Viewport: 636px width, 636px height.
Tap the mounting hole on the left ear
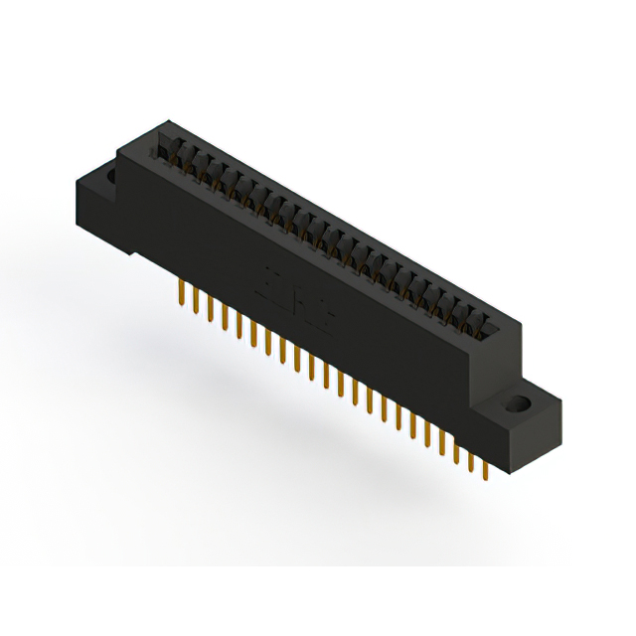[x=111, y=176]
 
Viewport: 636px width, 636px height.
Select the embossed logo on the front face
[x=297, y=297]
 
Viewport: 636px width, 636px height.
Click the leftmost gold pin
[x=180, y=292]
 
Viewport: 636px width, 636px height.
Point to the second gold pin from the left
[x=196, y=300]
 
